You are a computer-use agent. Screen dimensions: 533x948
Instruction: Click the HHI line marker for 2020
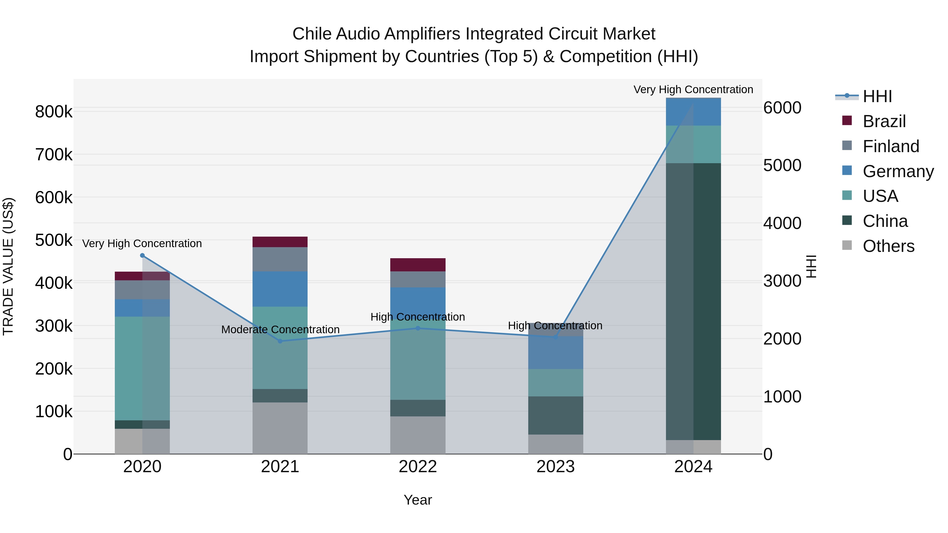(x=142, y=255)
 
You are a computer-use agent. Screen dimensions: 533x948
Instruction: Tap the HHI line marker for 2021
(x=280, y=341)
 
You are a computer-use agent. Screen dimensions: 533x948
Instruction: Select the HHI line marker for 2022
(x=418, y=328)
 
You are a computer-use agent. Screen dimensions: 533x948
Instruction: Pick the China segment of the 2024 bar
(x=693, y=302)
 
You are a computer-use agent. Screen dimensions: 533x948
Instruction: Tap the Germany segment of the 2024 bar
(x=693, y=112)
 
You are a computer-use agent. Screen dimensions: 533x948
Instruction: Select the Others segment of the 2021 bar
(x=280, y=428)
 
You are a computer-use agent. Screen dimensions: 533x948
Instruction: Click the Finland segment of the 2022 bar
(x=418, y=279)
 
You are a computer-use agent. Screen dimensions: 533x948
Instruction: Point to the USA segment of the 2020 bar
(x=142, y=368)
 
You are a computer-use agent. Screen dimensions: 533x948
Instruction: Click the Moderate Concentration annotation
(x=280, y=330)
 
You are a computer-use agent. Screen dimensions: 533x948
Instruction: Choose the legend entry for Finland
(x=891, y=146)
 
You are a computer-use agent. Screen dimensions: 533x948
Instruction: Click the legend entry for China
(x=885, y=221)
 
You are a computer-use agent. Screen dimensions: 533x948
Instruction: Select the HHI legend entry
(x=877, y=96)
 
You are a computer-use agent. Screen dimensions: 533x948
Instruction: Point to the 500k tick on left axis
(x=54, y=240)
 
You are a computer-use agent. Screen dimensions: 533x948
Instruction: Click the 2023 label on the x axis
(x=555, y=467)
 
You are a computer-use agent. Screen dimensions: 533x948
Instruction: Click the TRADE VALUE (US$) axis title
(x=8, y=266)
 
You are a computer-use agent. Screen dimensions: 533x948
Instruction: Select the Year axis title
(x=418, y=500)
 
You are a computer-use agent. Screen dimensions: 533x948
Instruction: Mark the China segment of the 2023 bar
(x=555, y=415)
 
